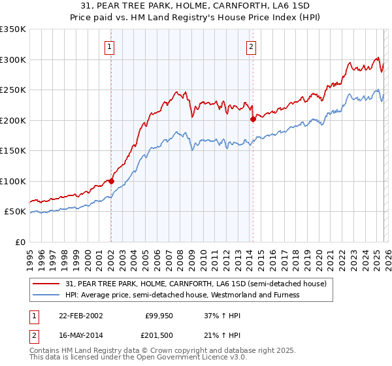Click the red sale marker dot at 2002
pos(111,181)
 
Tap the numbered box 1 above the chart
pos(108,46)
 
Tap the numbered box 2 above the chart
pos(251,46)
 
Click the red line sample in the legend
pos(46,284)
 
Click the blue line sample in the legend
pos(46,295)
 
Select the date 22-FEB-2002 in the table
pos(80,316)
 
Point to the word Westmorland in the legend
pos(237,295)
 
